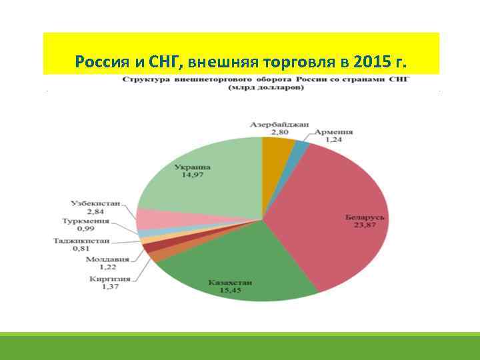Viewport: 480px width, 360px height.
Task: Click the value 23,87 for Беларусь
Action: point(366,225)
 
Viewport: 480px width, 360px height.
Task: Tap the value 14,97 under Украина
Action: point(191,175)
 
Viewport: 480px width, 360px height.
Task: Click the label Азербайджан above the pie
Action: point(280,124)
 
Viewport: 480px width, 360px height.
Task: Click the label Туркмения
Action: point(89,221)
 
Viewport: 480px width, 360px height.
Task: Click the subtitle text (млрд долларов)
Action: point(266,87)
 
